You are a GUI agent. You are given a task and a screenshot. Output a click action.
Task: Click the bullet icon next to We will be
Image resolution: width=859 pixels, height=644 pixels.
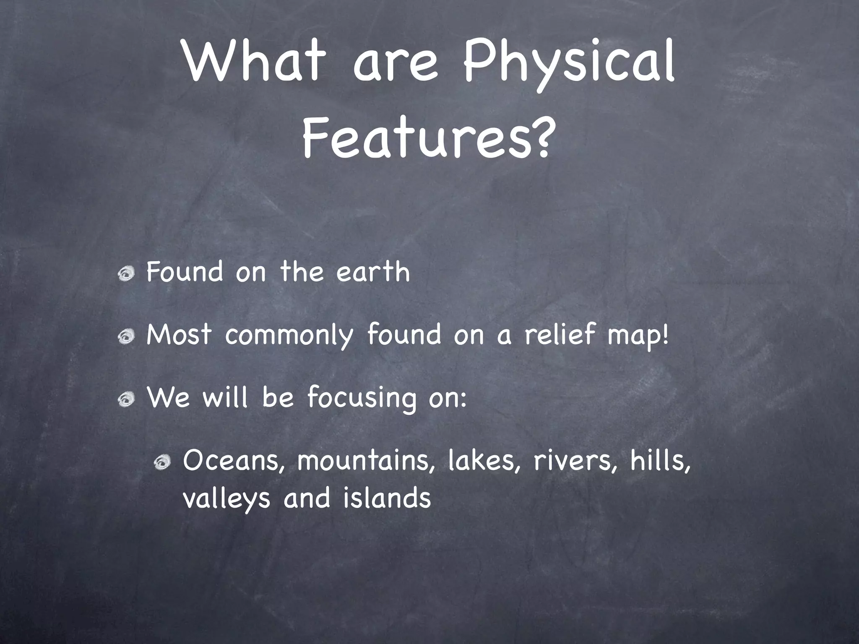click(x=126, y=399)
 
